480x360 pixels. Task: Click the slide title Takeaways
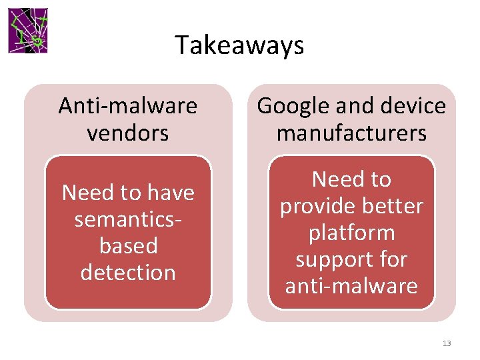[239, 45]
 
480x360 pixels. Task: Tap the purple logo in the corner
[28, 31]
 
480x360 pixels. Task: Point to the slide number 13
[446, 343]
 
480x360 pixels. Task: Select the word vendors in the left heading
[127, 133]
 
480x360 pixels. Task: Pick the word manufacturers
[351, 133]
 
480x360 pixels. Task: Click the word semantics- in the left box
[128, 219]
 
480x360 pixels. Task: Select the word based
[128, 246]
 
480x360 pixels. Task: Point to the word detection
[128, 273]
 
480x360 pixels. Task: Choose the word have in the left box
[169, 193]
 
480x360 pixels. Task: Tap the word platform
[351, 233]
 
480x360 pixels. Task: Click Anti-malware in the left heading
[127, 106]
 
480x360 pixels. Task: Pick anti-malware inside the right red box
[351, 286]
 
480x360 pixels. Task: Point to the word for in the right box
[393, 259]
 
